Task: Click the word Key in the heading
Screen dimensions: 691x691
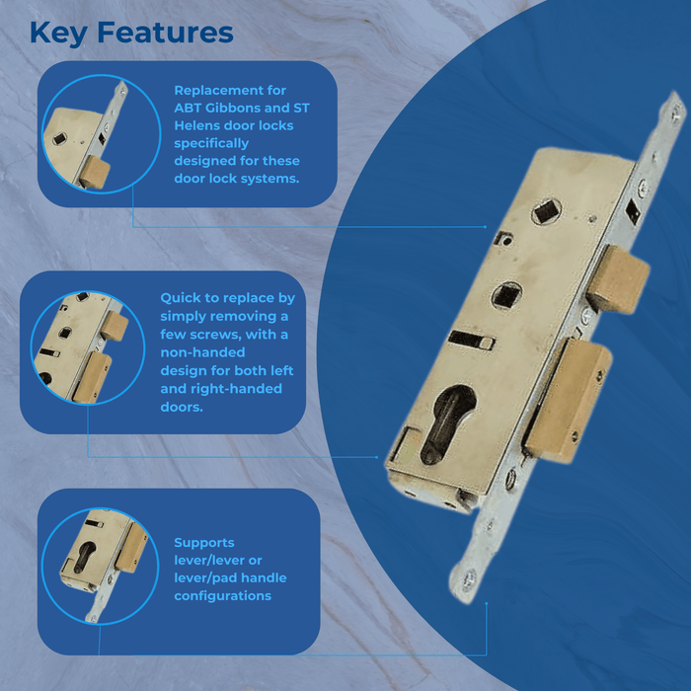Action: coord(58,34)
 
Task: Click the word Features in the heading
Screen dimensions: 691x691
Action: coord(165,33)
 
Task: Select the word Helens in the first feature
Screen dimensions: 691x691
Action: coord(197,125)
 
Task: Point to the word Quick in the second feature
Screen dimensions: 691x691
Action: coord(180,298)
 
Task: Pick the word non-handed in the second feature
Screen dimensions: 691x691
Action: coord(202,352)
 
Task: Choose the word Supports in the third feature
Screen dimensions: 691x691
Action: coord(204,543)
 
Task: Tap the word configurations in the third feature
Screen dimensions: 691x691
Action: coord(222,596)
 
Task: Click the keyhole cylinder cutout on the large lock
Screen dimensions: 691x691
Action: coord(446,423)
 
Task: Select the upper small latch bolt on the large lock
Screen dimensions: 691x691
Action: coord(619,279)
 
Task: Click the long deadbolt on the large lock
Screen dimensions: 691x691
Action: coord(569,400)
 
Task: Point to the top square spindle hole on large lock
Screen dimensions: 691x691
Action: coord(547,211)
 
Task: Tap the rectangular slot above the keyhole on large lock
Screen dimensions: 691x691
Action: coord(471,340)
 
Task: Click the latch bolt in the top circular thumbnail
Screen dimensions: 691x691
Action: coord(95,173)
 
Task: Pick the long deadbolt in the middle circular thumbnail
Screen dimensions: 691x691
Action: coord(92,378)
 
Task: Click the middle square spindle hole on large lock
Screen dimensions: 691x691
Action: coord(506,296)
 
